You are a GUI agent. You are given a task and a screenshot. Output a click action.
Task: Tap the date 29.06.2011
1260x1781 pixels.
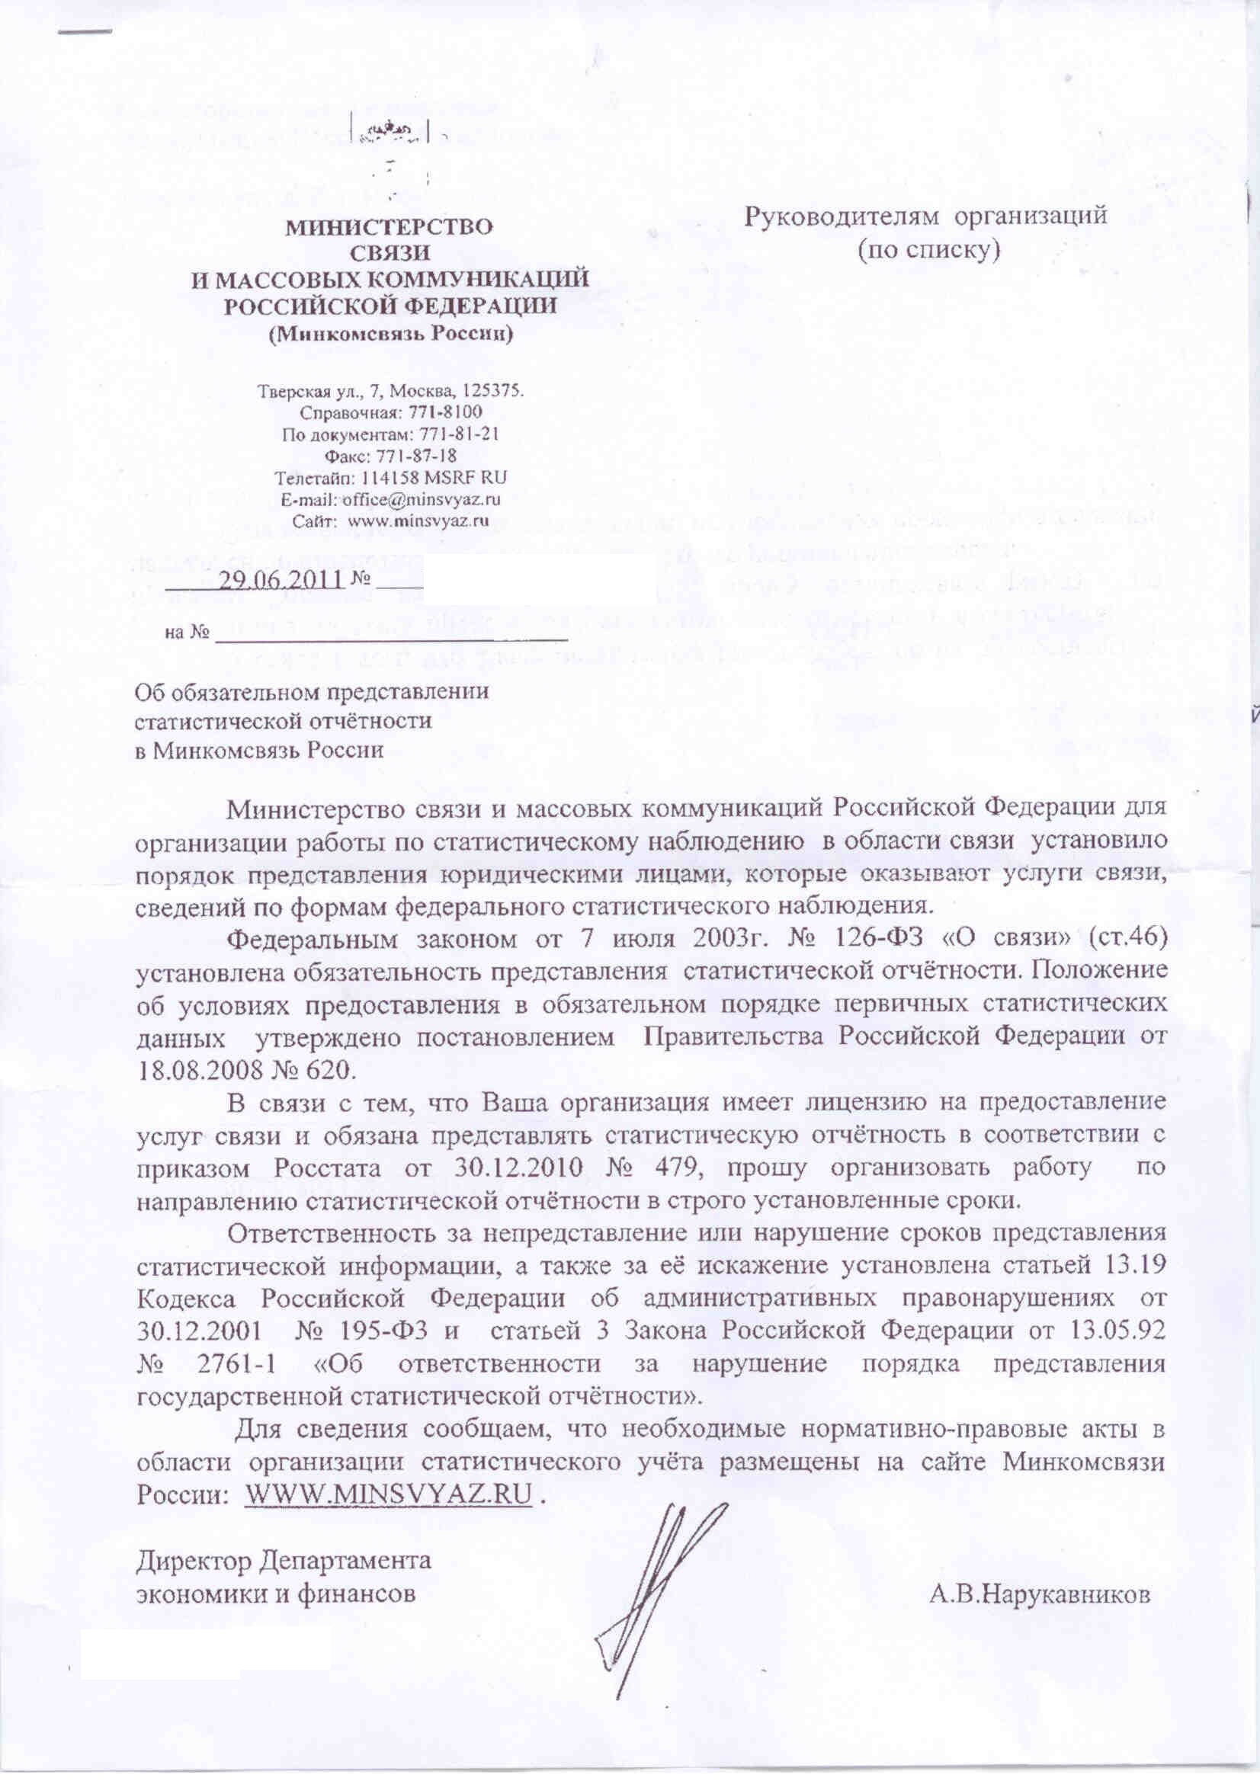[282, 579]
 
